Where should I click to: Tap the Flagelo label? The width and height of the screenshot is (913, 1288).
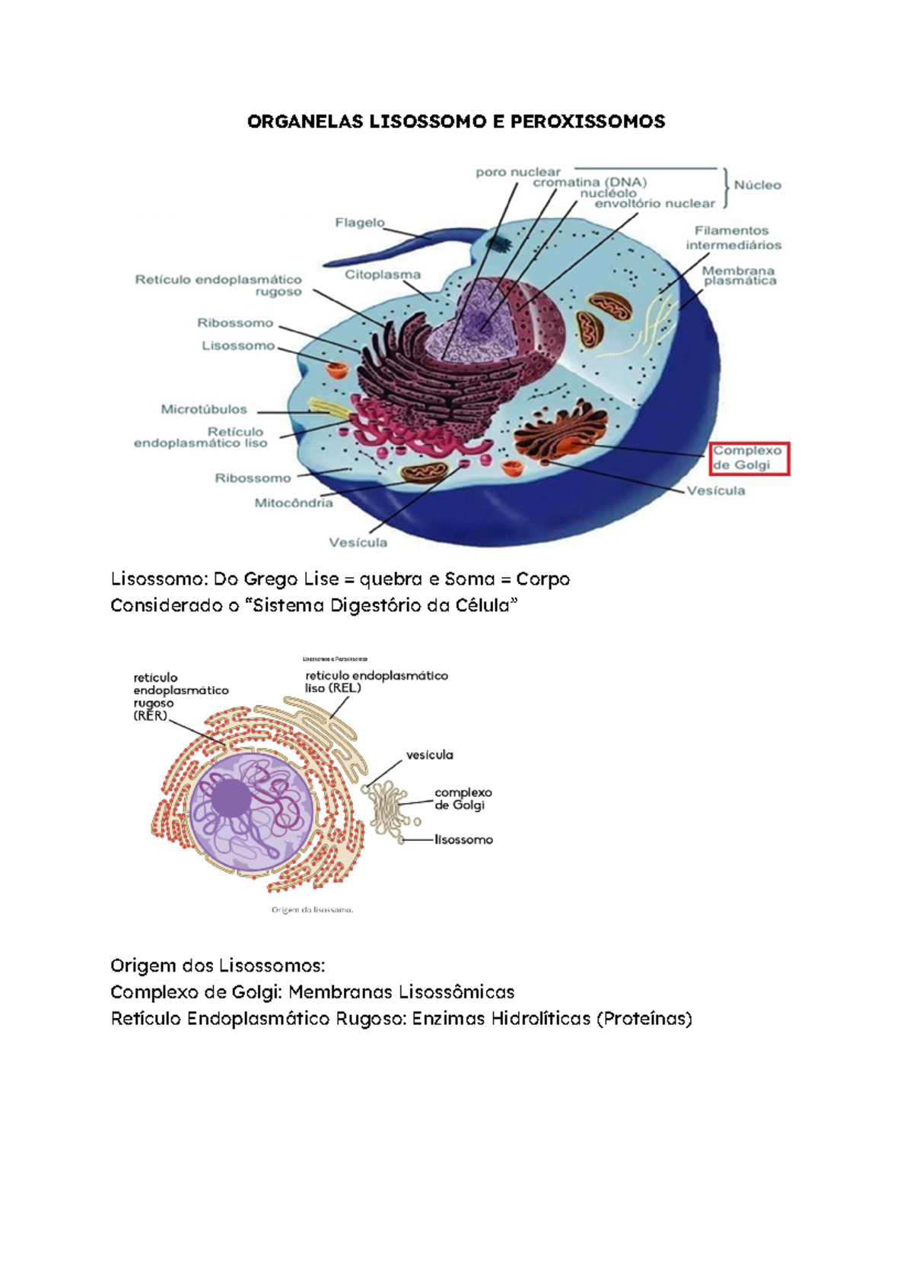tap(360, 223)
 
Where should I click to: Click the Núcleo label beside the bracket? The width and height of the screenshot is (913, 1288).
tap(757, 185)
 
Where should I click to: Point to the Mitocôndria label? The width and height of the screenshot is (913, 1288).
tap(293, 503)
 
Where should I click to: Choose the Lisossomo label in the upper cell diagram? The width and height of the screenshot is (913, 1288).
tap(238, 346)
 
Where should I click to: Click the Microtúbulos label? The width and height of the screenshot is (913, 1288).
tap(204, 409)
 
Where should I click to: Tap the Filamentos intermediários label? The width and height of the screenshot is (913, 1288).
tap(733, 237)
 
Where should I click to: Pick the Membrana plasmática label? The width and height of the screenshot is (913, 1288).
tap(739, 276)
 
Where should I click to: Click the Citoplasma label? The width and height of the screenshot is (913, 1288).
tap(382, 274)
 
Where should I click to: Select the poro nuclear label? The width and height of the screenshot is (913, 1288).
tap(518, 173)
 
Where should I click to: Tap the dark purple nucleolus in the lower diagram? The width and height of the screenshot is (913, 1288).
tap(231, 798)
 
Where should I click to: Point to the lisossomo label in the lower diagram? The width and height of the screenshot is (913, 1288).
tap(463, 840)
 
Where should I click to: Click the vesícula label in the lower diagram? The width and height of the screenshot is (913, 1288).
tap(429, 755)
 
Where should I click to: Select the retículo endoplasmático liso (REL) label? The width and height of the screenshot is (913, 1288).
tap(376, 681)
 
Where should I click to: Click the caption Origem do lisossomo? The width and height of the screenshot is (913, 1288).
tap(312, 909)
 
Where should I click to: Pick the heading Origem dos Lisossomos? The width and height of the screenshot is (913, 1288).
tap(217, 966)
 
